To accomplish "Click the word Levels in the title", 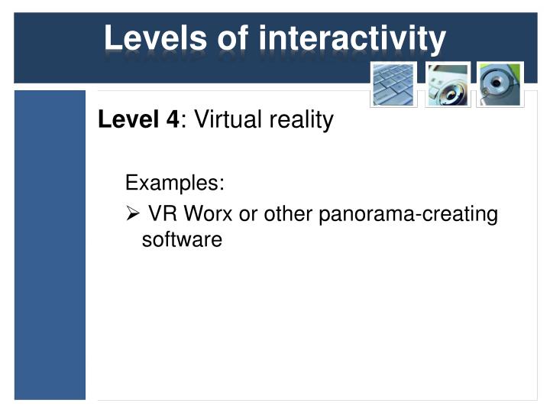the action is tap(155, 37).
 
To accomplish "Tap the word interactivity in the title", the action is tap(352, 41).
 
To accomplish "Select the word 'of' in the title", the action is tap(233, 37).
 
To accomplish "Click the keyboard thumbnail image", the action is tap(393, 84).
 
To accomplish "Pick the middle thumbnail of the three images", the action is tap(448, 85).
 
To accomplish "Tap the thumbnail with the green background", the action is tap(500, 84).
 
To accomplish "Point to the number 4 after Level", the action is tap(173, 119).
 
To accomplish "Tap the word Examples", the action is tap(172, 183).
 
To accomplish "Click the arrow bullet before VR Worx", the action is tap(133, 213).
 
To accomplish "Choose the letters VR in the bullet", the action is tap(163, 213).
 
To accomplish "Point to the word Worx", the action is tap(208, 213).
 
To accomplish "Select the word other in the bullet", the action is tap(288, 213).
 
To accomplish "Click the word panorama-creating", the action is tap(408, 215).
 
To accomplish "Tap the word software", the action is tap(182, 239).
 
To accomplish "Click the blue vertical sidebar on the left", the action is tap(50, 245).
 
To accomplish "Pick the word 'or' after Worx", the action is tap(248, 215).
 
